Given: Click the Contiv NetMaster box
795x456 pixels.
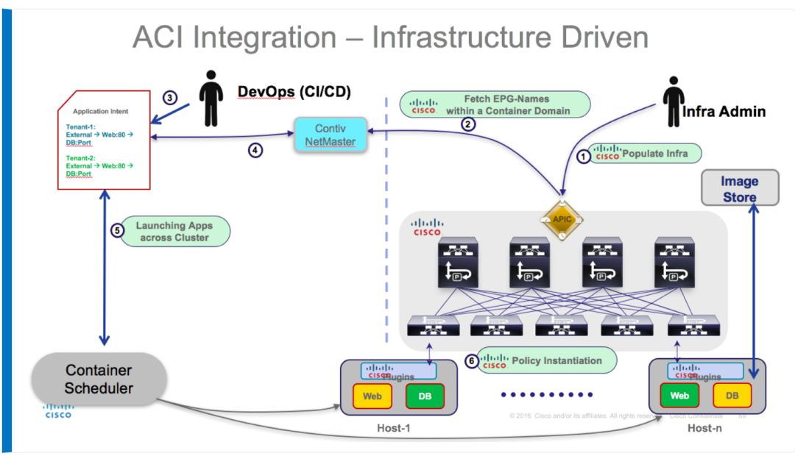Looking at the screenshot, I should click(331, 135).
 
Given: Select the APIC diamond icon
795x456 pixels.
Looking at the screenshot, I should click(562, 218).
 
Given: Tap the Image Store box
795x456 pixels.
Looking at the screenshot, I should click(739, 189).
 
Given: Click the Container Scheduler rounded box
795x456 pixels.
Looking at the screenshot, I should click(99, 379).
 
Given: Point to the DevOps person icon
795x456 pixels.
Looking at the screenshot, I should click(211, 98).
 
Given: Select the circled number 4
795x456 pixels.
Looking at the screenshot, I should click(255, 151).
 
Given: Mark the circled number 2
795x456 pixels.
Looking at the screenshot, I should click(468, 124).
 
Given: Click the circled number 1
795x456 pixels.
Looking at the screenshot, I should click(584, 155).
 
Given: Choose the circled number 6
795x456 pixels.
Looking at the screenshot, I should click(472, 361).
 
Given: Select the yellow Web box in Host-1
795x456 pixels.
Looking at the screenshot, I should click(372, 396).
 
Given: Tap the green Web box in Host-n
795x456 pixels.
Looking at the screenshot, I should click(679, 396).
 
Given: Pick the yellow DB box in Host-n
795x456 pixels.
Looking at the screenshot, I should click(732, 396).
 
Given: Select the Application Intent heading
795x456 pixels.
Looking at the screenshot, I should click(100, 111).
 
